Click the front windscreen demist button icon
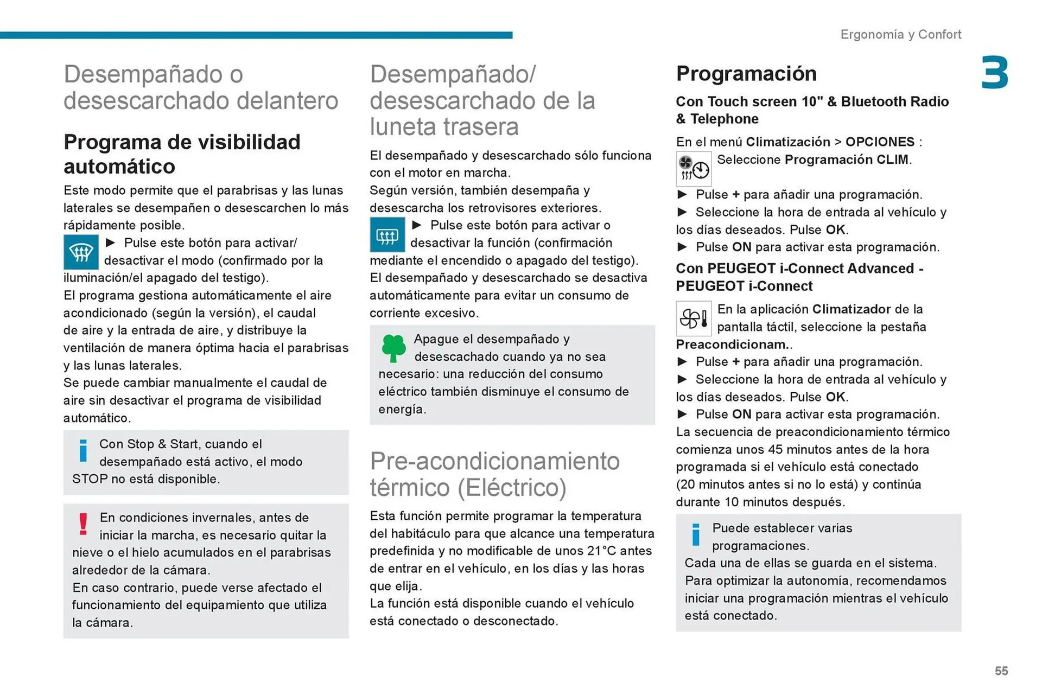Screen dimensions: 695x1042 (81, 252)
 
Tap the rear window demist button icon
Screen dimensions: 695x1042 (387, 235)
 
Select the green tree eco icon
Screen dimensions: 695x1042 (393, 348)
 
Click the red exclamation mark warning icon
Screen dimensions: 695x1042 (83, 524)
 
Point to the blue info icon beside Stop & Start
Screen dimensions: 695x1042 (83, 450)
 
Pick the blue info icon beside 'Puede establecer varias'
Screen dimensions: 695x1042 (696, 534)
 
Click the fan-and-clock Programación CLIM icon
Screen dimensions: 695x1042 (693, 168)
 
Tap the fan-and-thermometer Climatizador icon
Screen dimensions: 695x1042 (693, 318)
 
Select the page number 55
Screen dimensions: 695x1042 (1001, 671)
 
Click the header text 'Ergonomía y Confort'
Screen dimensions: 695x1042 (900, 35)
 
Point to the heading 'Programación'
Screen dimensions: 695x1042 (746, 74)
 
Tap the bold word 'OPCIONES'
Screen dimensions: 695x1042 (880, 142)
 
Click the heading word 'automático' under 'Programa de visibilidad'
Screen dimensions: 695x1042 (119, 167)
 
